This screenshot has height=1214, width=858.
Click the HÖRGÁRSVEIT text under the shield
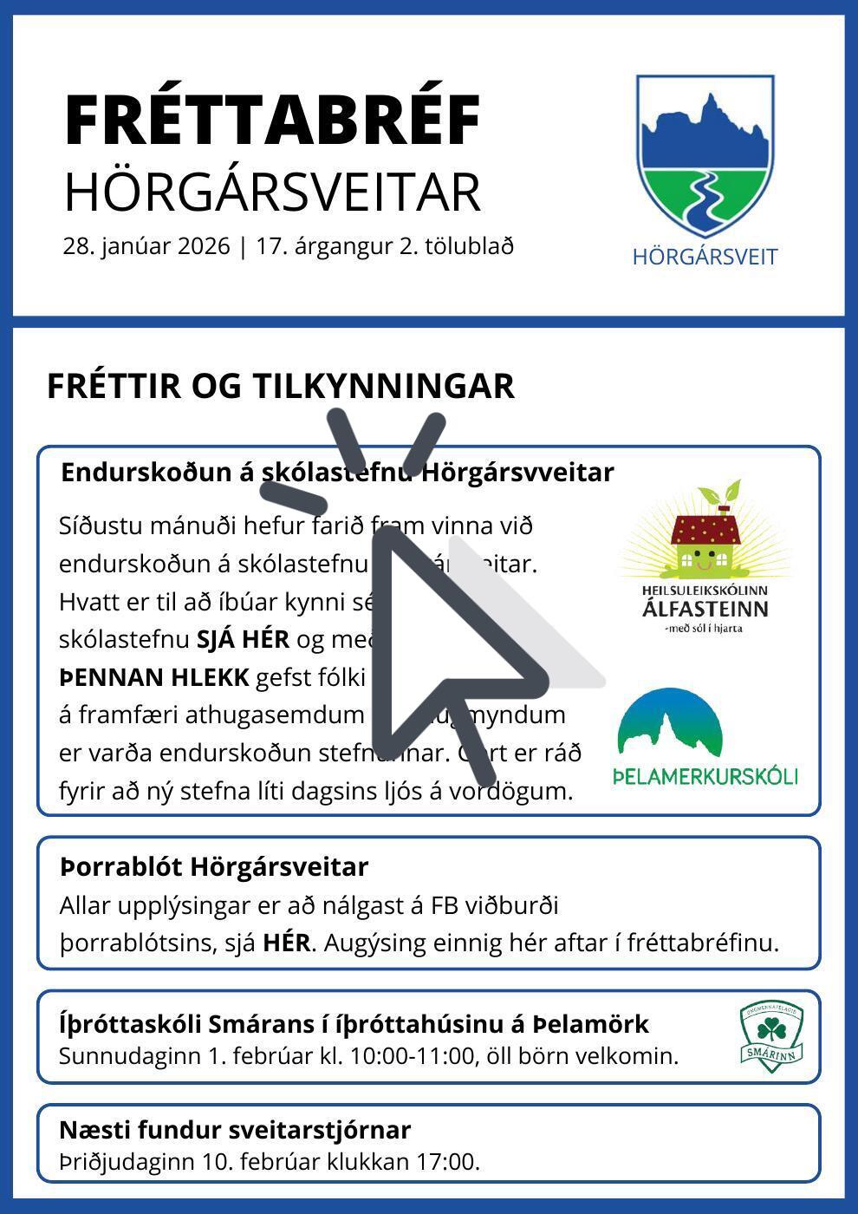[705, 257]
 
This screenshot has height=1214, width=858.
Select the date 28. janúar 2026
[146, 246]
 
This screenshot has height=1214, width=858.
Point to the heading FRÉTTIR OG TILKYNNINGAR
[280, 386]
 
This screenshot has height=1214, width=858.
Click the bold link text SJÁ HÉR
[243, 639]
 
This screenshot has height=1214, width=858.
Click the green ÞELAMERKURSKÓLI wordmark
[705, 775]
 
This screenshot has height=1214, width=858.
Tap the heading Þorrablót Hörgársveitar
[214, 866]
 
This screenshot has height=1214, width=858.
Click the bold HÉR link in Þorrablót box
[286, 943]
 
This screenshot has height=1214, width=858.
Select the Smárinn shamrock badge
[771, 1036]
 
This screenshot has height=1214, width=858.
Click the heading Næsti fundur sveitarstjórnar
[235, 1130]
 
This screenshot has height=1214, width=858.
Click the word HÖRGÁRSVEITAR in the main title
[272, 193]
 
